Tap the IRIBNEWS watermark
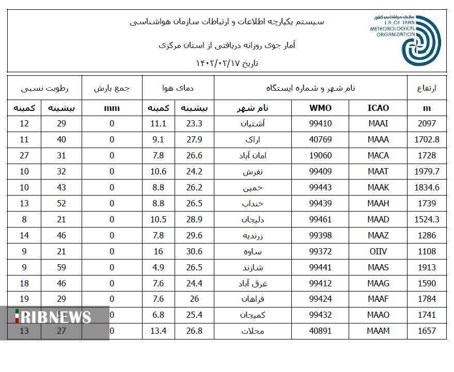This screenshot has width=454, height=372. pyautogui.click(x=54, y=316)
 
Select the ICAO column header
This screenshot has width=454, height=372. pyautogui.click(x=378, y=108)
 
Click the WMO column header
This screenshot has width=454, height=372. pyautogui.click(x=320, y=108)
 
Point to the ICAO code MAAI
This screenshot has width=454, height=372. pyautogui.click(x=378, y=124)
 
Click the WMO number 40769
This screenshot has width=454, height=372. pyautogui.click(x=320, y=140)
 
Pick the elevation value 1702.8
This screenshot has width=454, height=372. pyautogui.click(x=427, y=140)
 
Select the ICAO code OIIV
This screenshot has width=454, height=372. pyautogui.click(x=378, y=251)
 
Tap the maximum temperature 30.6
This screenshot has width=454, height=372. pyautogui.click(x=194, y=251)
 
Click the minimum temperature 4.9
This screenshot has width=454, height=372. pyautogui.click(x=158, y=267)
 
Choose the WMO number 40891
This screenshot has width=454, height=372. pyautogui.click(x=320, y=331)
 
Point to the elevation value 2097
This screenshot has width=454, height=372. pyautogui.click(x=427, y=124)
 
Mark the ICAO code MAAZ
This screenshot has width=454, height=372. pyautogui.click(x=378, y=235)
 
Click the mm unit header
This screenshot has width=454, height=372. pyautogui.click(x=112, y=108)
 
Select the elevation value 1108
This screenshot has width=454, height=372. pyautogui.click(x=427, y=251)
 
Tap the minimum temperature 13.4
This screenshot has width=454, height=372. pyautogui.click(x=158, y=331)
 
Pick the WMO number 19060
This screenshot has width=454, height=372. pyautogui.click(x=320, y=156)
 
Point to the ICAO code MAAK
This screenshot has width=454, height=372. pyautogui.click(x=378, y=188)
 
